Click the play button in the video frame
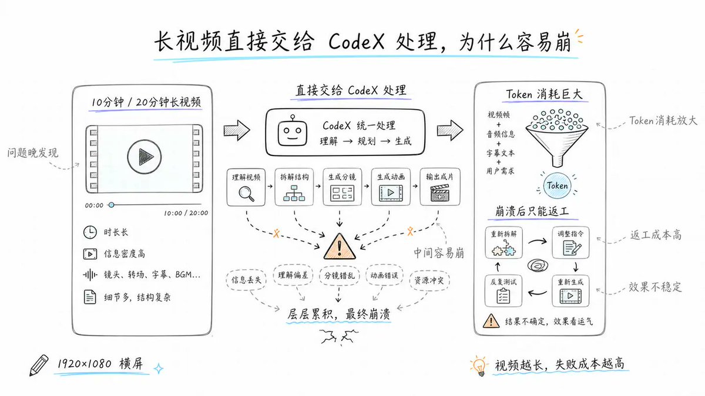145,157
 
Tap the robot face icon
292,131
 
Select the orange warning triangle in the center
340,246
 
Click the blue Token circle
557,185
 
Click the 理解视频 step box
246,187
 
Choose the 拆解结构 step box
294,187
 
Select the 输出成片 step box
440,187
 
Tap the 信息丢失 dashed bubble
246,280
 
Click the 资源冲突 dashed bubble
429,280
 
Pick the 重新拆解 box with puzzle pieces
503,243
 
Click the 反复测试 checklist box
503,291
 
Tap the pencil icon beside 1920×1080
39,365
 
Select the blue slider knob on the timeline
111,205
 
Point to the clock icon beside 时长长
90,232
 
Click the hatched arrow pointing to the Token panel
450,130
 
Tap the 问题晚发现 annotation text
33,153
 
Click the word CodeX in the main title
356,42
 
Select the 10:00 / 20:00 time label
186,213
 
